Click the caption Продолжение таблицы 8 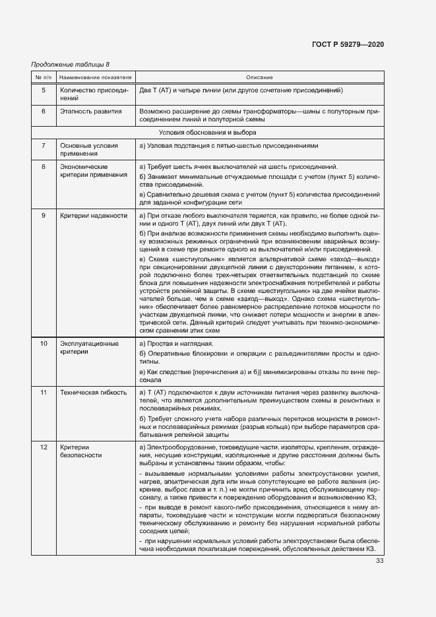point(71,64)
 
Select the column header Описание point(259,78)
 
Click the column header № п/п point(44,78)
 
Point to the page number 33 point(379,561)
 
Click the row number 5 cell point(44,90)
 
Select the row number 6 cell point(44,112)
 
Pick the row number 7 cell point(44,145)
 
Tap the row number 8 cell point(44,166)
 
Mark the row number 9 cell point(44,216)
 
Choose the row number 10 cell point(44,344)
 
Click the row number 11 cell point(44,393)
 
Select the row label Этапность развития point(90,112)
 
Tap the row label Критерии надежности point(93,216)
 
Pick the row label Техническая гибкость point(93,393)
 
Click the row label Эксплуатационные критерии point(89,348)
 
